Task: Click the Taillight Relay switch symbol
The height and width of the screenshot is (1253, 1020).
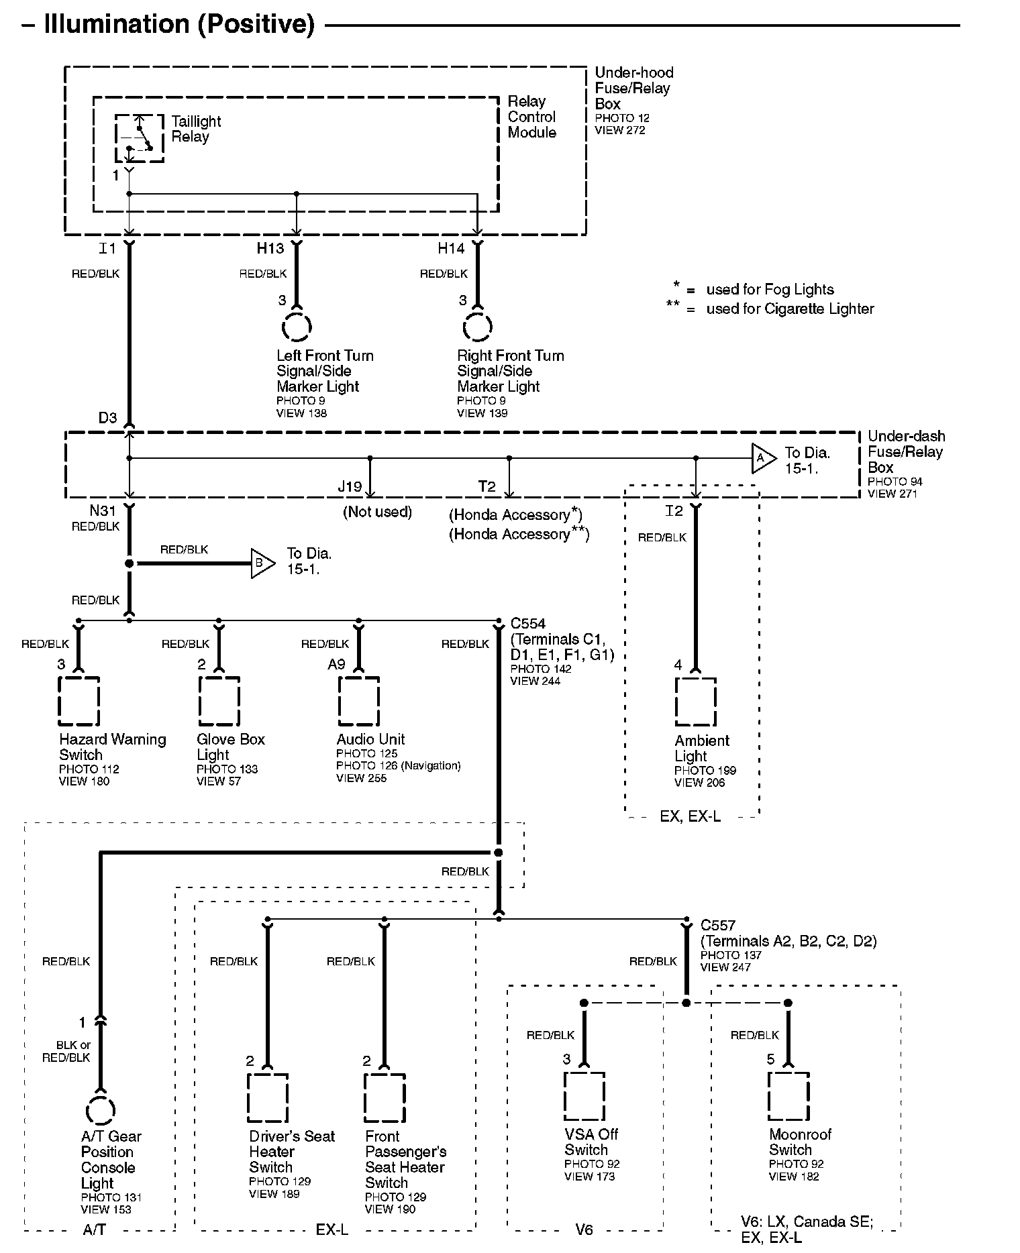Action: tap(139, 138)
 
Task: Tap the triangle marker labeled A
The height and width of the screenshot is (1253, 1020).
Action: tap(764, 458)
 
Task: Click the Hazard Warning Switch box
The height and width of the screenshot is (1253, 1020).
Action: tap(79, 701)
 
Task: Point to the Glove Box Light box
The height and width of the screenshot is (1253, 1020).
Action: tap(219, 701)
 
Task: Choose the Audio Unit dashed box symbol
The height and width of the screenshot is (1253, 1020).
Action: tap(358, 701)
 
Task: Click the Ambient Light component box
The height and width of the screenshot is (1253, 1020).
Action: tap(696, 702)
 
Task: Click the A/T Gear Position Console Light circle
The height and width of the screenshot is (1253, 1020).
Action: tap(101, 1110)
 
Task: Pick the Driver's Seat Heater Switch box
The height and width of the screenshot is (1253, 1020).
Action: tap(268, 1098)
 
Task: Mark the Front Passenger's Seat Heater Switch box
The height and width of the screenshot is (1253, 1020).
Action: tap(385, 1098)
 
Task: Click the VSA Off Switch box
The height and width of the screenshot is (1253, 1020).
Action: tap(584, 1097)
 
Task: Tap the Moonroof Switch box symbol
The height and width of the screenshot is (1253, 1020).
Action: tap(788, 1097)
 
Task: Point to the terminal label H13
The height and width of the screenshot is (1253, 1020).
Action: tap(270, 249)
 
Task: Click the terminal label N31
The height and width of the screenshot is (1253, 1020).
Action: tap(103, 511)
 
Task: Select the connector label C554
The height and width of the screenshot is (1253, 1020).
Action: tap(528, 624)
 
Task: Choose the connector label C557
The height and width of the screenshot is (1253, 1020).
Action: tap(718, 926)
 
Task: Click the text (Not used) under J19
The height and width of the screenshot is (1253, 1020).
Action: tap(378, 512)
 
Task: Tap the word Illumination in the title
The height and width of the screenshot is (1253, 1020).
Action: tap(117, 24)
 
